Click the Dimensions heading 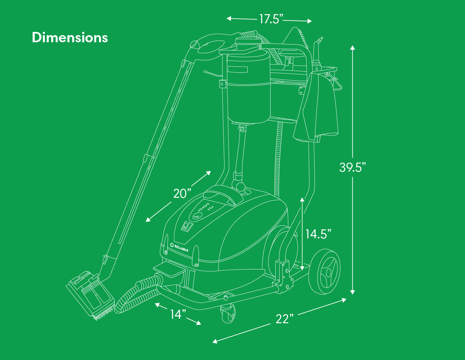(70, 38)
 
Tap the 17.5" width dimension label (271, 19)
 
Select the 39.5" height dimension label (352, 167)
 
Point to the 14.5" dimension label (318, 234)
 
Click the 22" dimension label (284, 319)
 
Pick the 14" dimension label (178, 315)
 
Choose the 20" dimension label (182, 194)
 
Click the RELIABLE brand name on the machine (181, 248)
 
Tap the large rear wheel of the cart (324, 272)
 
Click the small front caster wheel (228, 313)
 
